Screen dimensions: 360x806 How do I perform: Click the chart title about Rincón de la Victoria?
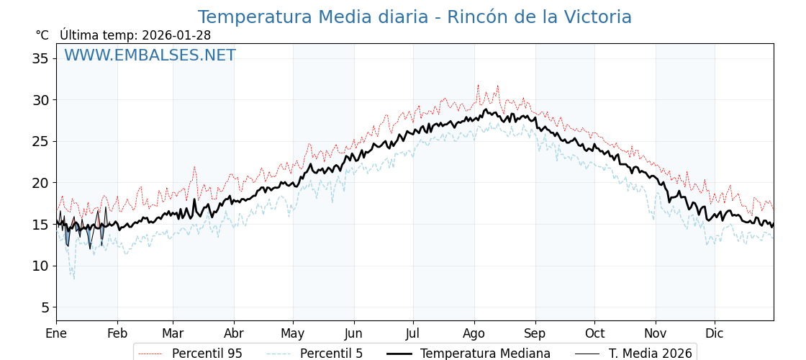(x=415, y=17)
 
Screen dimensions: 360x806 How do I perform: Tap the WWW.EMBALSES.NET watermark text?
(x=150, y=55)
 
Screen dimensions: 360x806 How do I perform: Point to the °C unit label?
(x=42, y=35)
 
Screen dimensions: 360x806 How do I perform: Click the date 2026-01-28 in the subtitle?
(x=176, y=35)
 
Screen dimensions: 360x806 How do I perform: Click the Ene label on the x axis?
(x=56, y=333)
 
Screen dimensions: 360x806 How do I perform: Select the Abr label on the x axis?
(x=234, y=333)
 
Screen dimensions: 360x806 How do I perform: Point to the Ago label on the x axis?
(x=474, y=333)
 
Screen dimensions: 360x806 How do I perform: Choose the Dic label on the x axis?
(x=715, y=333)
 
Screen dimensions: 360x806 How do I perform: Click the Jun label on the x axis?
(x=353, y=333)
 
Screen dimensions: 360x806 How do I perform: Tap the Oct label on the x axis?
(x=594, y=333)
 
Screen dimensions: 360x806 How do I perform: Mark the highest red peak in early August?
(x=478, y=85)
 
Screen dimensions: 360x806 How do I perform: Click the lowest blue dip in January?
(x=73, y=279)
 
